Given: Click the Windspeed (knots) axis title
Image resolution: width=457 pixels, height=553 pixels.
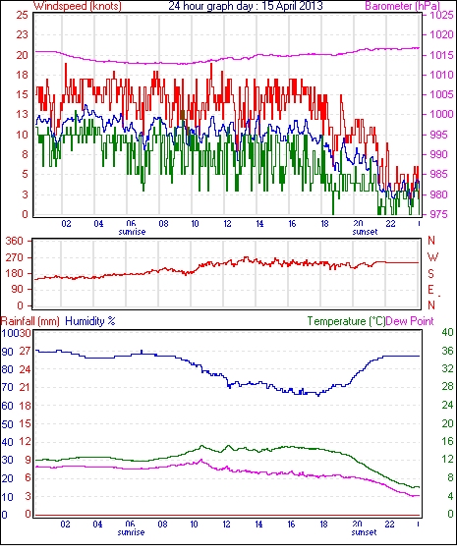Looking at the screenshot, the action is pyautogui.click(x=78, y=6).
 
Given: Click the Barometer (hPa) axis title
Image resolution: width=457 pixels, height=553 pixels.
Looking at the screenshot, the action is pyautogui.click(x=402, y=6).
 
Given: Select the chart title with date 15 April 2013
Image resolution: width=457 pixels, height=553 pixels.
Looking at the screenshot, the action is pyautogui.click(x=246, y=6).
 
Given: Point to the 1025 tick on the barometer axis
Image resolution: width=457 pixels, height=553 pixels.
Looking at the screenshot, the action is pyautogui.click(x=441, y=15).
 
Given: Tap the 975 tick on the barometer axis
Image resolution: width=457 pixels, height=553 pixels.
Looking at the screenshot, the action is pyautogui.click(x=439, y=214).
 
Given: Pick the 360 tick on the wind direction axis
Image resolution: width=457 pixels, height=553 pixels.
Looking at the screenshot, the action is pyautogui.click(x=15, y=242).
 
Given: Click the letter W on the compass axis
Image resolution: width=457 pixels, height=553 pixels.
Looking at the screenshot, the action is pyautogui.click(x=432, y=256).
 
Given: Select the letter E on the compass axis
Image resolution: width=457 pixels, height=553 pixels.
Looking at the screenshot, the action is pyautogui.click(x=430, y=290).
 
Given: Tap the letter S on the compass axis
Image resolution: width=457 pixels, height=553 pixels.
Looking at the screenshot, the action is pyautogui.click(x=430, y=273).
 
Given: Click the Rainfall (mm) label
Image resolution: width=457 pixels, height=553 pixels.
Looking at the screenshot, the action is pyautogui.click(x=30, y=321).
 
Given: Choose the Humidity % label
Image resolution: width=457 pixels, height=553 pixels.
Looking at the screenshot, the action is pyautogui.click(x=90, y=321).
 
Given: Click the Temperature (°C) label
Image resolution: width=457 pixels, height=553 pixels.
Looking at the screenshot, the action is pyautogui.click(x=346, y=321).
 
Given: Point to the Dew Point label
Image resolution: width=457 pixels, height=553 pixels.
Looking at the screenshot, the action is pyautogui.click(x=410, y=321).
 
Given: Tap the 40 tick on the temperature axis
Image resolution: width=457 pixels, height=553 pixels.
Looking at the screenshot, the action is pyautogui.click(x=448, y=332).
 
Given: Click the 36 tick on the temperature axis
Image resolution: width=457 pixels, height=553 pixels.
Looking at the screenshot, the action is pyautogui.click(x=448, y=351).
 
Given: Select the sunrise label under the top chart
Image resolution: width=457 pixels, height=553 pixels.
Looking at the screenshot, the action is pyautogui.click(x=132, y=232).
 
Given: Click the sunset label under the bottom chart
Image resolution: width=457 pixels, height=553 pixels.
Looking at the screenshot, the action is pyautogui.click(x=364, y=532).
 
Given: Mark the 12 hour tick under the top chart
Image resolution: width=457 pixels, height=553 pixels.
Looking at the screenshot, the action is pyautogui.click(x=227, y=224).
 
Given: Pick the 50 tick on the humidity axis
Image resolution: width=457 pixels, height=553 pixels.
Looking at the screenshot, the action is pyautogui.click(x=8, y=423).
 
